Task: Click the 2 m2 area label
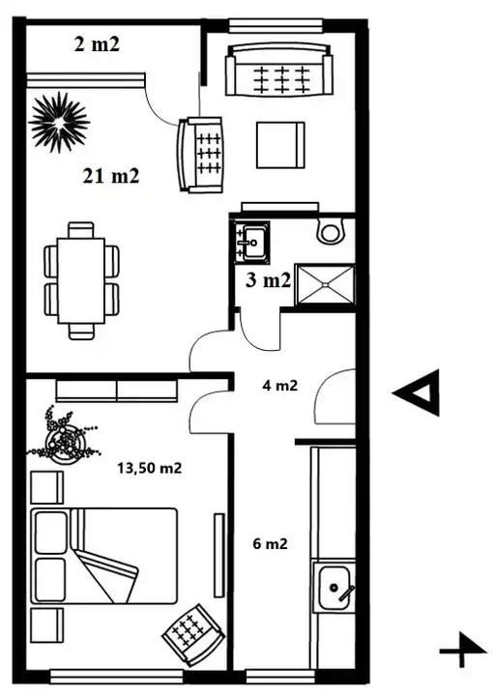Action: coord(97,44)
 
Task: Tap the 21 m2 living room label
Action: coord(111,176)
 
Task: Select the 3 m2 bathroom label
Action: coord(268,280)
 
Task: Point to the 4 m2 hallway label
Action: coord(279,386)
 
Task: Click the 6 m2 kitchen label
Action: coord(270,543)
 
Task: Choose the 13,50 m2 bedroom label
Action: coord(150,468)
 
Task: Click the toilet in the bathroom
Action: coord(331,230)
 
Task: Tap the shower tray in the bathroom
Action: coord(325,284)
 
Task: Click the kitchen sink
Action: coord(333,588)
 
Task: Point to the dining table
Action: coord(81,280)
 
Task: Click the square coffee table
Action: coord(280,145)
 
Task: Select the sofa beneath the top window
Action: coord(278,70)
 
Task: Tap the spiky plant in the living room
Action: coord(59,122)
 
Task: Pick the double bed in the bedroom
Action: coord(103,556)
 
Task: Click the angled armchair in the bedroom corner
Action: coord(193,635)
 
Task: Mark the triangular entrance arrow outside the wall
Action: coord(417,392)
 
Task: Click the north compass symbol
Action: coord(462,650)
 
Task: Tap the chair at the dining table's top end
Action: coord(81,230)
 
